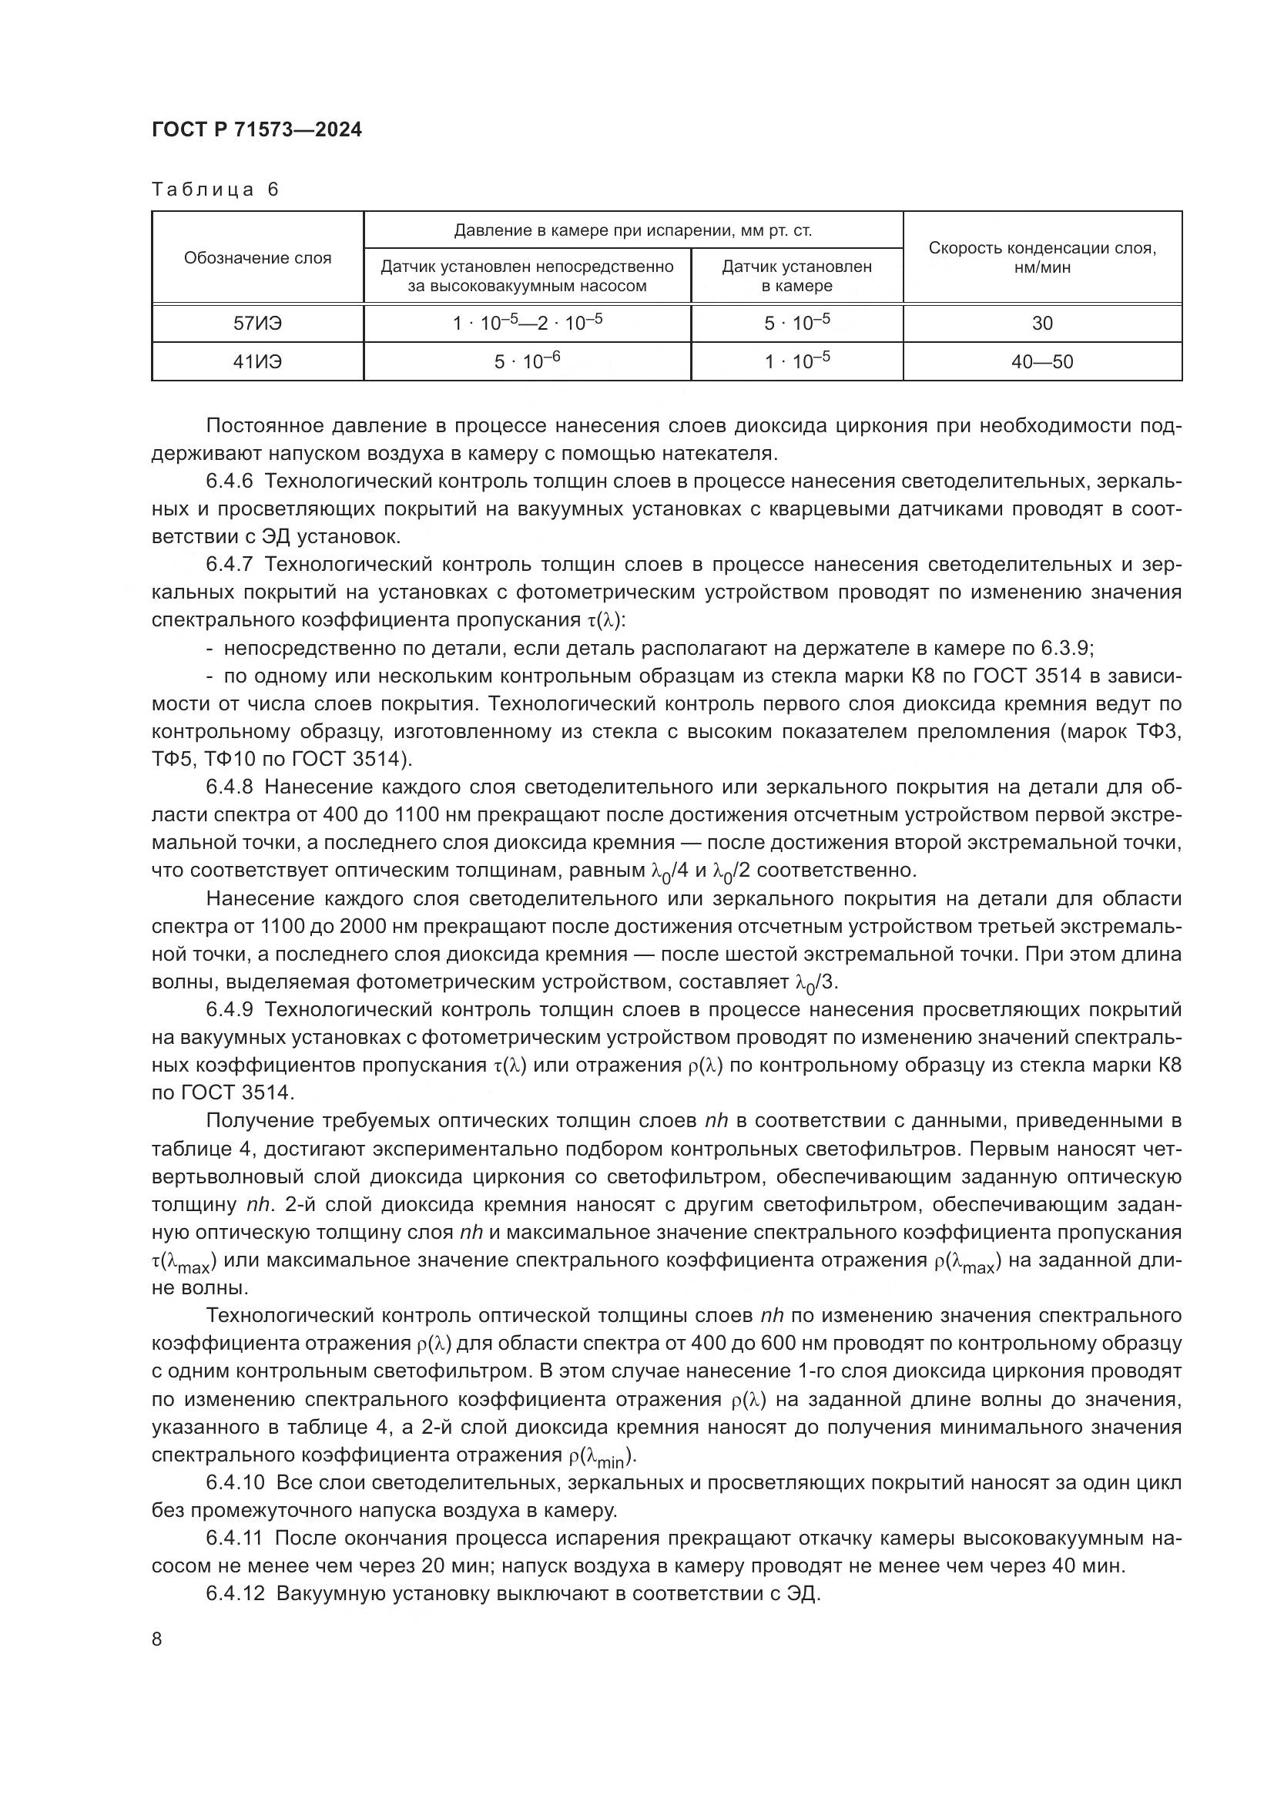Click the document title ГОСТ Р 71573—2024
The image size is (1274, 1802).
point(256,130)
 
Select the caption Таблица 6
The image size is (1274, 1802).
point(215,190)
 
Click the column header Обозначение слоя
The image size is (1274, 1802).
point(257,258)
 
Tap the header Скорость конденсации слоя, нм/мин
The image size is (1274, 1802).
point(1042,257)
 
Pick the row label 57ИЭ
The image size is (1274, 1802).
point(257,324)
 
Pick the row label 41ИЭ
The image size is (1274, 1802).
point(257,362)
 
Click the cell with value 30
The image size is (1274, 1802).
point(1042,324)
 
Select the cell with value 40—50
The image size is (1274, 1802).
point(1042,362)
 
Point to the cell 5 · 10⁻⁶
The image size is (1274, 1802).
point(526,362)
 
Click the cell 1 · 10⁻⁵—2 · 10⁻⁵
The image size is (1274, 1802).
point(526,324)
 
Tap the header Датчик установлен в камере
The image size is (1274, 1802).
point(796,277)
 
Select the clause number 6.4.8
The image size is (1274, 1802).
point(229,787)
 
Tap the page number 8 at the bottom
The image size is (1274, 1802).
point(157,1639)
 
